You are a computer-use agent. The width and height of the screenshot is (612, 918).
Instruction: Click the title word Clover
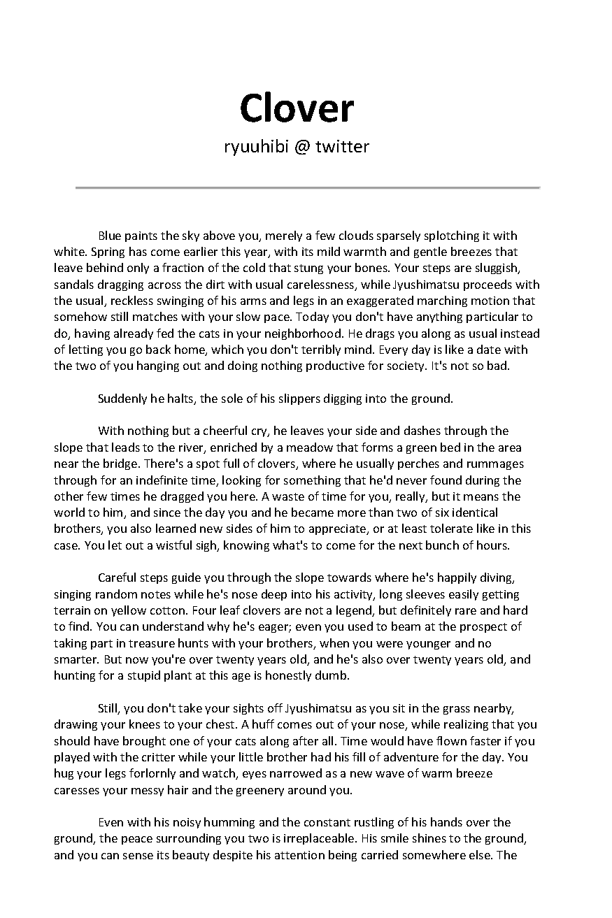tap(297, 109)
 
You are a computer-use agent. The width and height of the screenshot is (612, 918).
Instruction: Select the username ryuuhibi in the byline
tap(255, 147)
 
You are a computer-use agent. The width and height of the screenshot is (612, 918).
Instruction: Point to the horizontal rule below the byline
tap(308, 187)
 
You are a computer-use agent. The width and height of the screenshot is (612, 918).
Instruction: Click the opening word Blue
tap(110, 236)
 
